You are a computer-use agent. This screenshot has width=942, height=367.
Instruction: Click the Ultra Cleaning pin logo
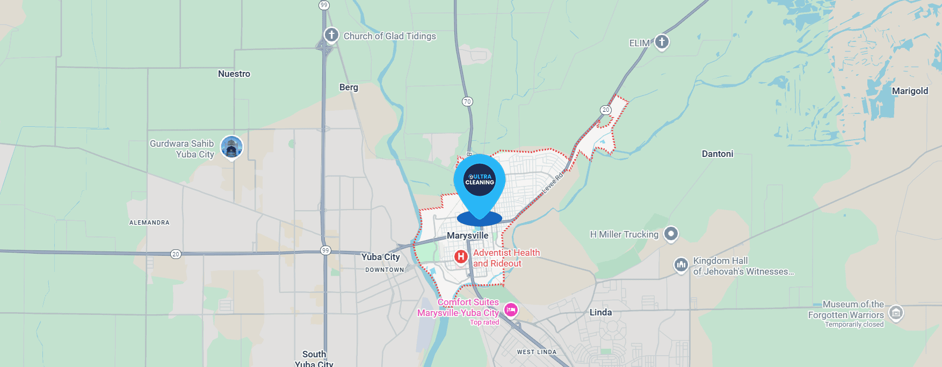[480, 179]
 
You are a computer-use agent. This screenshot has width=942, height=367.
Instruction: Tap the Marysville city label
[468, 235]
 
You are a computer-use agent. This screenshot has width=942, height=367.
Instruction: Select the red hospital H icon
[461, 257]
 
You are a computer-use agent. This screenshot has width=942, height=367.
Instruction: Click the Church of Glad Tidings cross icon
[331, 35]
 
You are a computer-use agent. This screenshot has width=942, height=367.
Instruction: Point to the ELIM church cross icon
[662, 41]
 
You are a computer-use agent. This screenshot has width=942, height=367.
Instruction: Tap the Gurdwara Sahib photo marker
[231, 147]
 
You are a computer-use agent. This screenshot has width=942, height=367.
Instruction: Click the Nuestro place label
[234, 74]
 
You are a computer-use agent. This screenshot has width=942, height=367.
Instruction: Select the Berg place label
[349, 87]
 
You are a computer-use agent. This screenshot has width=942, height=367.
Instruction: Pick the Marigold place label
[910, 91]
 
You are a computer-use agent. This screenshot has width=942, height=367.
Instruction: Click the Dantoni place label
[717, 154]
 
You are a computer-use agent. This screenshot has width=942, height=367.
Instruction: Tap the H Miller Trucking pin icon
[671, 234]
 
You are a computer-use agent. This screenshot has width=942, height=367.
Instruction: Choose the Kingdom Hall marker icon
[681, 265]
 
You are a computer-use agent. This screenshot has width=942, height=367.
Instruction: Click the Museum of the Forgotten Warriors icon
[895, 312]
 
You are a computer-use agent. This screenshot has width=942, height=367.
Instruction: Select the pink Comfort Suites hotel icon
[511, 310]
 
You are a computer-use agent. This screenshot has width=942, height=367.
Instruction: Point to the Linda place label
[600, 312]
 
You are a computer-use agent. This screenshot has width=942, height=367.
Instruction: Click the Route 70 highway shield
[467, 102]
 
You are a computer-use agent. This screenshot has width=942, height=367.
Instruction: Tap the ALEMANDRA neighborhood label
[149, 222]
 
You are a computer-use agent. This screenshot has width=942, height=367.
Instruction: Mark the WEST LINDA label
[537, 352]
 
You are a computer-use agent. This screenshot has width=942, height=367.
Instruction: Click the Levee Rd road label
[553, 183]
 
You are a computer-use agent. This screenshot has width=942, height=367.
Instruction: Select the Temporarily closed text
[854, 325]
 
